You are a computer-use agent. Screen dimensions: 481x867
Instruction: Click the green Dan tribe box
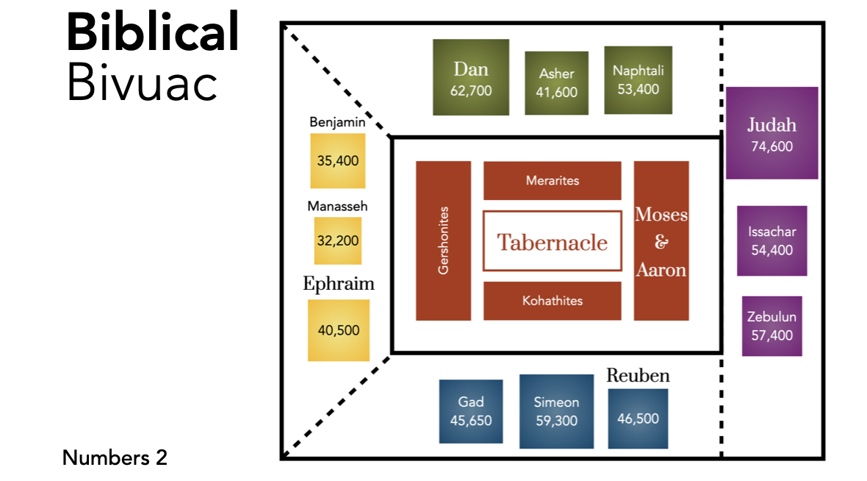click(x=470, y=77)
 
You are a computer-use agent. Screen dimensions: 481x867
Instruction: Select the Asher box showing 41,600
click(x=556, y=83)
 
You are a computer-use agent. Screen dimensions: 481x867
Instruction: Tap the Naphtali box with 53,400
click(x=638, y=80)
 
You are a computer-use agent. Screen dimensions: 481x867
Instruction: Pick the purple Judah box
click(x=771, y=133)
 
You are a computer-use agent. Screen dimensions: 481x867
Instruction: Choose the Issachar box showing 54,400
click(x=771, y=240)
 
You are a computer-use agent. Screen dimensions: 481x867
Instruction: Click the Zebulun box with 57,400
click(x=771, y=326)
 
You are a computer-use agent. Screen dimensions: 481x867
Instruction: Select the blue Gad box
click(x=471, y=411)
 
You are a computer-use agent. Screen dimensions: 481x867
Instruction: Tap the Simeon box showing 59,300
click(x=556, y=410)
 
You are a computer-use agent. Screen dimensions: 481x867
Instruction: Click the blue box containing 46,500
click(x=638, y=418)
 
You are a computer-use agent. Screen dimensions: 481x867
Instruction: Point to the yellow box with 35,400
click(x=338, y=160)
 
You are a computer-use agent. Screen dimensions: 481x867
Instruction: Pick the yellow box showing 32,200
click(x=338, y=240)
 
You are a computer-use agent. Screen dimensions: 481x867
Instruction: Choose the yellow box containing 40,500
click(x=338, y=330)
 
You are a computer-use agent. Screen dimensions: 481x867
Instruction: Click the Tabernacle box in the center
click(x=552, y=241)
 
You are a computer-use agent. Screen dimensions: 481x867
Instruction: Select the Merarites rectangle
click(x=552, y=180)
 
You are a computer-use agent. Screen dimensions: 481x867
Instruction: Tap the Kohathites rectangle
click(x=552, y=301)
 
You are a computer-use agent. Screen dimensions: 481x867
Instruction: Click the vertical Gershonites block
click(x=443, y=240)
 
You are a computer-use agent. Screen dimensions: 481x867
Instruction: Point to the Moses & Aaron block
click(x=661, y=240)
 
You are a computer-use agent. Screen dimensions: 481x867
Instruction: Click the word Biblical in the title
click(x=153, y=32)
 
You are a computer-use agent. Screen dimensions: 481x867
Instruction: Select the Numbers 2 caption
click(x=115, y=457)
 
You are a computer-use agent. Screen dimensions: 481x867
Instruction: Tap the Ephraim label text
click(x=339, y=284)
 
